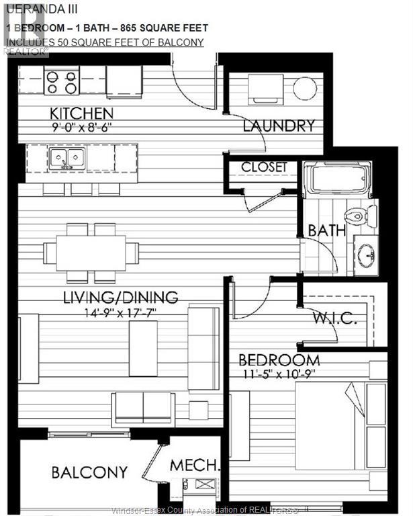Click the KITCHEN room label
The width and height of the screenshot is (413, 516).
pos(81,113)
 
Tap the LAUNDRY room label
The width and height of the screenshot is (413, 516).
pos(279,126)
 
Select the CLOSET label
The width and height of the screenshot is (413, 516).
pos(264,167)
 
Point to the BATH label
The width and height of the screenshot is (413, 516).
pos(327,230)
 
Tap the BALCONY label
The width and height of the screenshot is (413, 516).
pos(89,472)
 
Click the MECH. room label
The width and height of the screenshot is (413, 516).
pos(195,465)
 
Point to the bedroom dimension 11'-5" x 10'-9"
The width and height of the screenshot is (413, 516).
pos(277,372)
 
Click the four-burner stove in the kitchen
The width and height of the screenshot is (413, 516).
pos(62,81)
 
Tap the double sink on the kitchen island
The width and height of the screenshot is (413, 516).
pos(66,159)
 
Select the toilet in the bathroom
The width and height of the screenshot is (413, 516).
pos(356,216)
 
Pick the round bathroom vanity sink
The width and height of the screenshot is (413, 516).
pos(367,255)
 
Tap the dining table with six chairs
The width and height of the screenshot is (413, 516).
pos(91,253)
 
